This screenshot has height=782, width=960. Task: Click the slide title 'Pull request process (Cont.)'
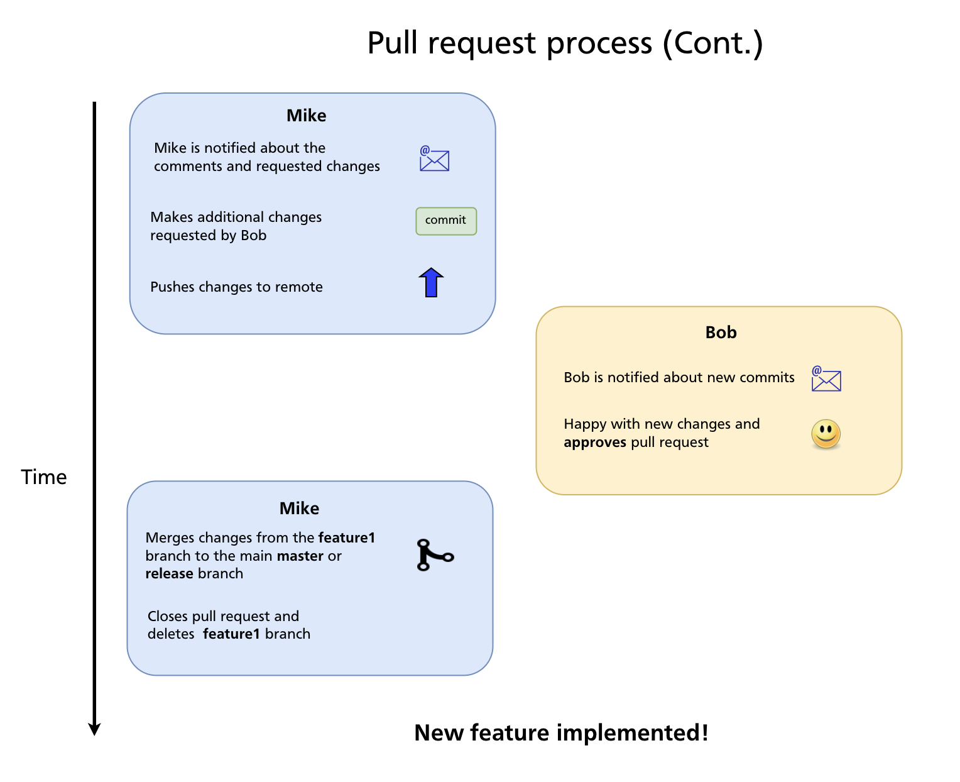564,43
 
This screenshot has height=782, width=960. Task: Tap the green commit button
446,221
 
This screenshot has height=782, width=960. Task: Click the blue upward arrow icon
431,282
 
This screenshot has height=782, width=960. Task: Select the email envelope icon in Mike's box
434,159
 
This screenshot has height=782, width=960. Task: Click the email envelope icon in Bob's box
826,379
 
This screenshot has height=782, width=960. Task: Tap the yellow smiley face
826,434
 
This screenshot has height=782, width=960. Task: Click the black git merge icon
434,555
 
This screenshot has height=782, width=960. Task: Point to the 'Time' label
44,477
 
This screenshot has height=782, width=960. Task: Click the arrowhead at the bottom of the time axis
94,729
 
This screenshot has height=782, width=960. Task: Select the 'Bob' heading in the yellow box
721,333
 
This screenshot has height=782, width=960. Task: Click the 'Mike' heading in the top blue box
306,116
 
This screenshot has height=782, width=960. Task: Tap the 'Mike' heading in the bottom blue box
299,509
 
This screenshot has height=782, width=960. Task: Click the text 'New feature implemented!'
561,733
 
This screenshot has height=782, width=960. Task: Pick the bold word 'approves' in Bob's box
594,443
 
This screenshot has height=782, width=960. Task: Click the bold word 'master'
300,556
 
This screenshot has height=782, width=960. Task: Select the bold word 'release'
169,574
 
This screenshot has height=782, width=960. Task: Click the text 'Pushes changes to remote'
236,287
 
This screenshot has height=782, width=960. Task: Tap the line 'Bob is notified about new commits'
679,378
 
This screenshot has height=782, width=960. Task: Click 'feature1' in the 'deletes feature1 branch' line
231,634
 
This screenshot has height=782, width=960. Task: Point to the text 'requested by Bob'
208,236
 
